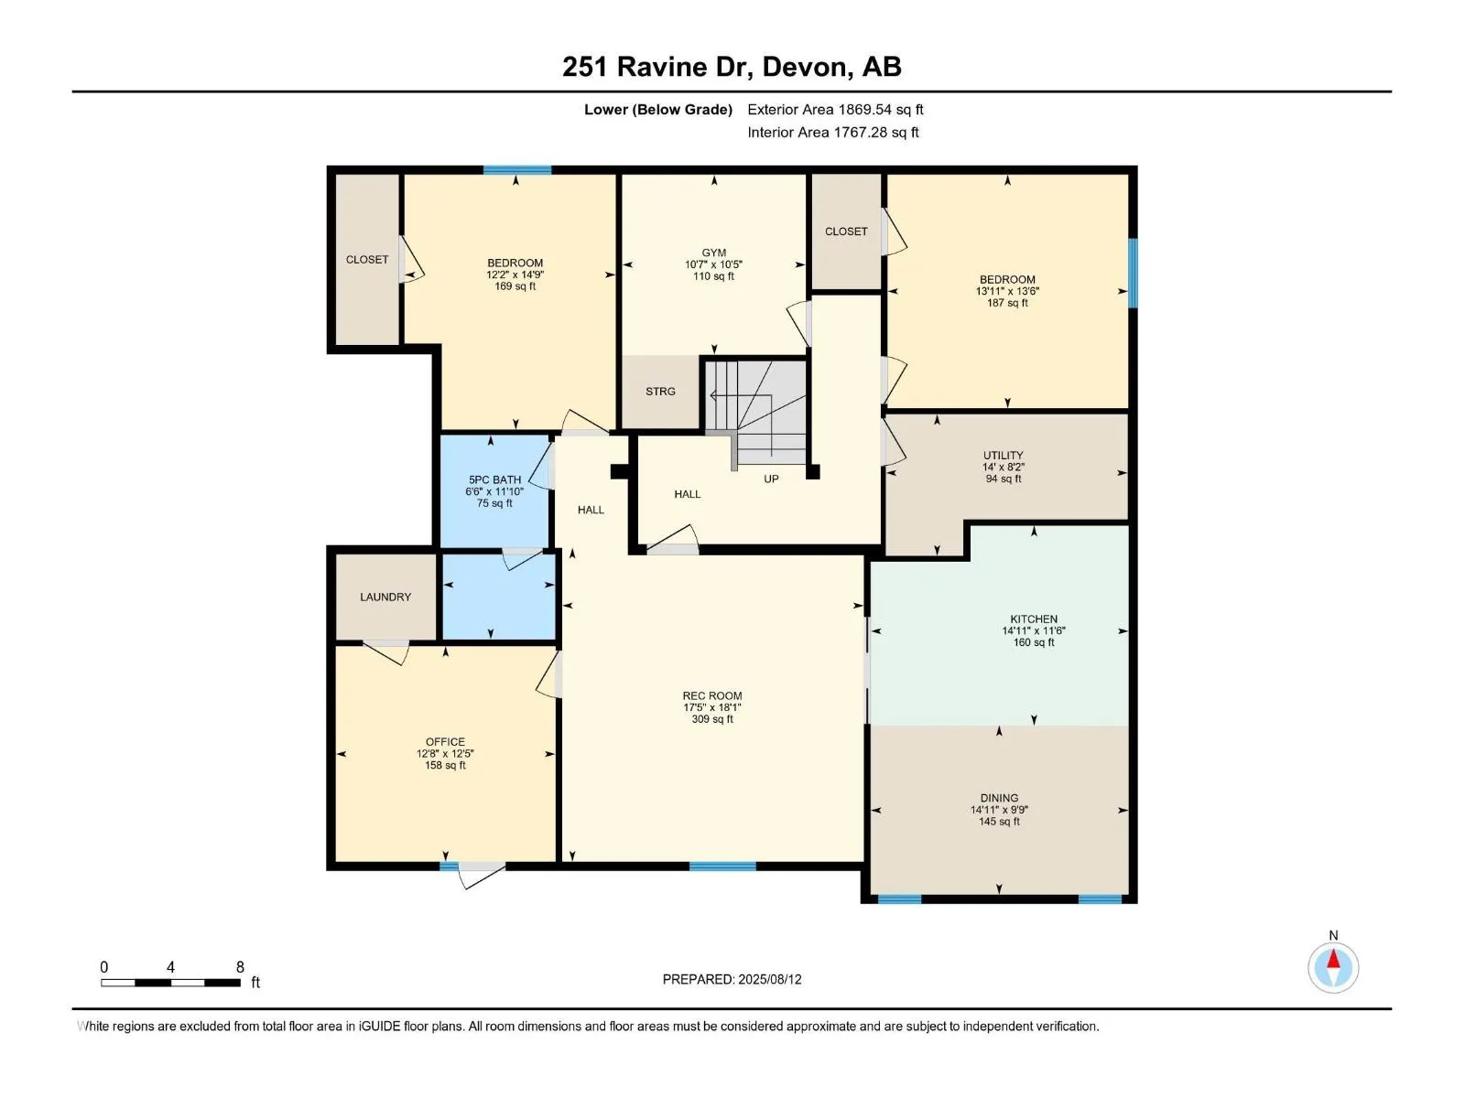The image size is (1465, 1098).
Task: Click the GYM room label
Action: (x=713, y=253)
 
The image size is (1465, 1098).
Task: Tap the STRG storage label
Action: (x=660, y=392)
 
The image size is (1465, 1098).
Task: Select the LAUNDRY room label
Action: (x=385, y=597)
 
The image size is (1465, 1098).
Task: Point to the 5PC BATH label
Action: (x=494, y=479)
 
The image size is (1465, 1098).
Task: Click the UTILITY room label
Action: (x=1003, y=456)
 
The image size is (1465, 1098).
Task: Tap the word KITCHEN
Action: (x=1033, y=619)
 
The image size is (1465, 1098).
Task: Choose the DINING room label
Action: (x=998, y=797)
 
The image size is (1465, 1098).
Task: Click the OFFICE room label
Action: (x=445, y=741)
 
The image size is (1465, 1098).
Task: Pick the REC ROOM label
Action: (x=712, y=695)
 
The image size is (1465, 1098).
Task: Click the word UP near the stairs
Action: (x=771, y=479)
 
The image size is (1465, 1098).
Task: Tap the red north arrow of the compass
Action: (x=1333, y=959)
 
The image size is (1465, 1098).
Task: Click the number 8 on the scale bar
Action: (x=240, y=966)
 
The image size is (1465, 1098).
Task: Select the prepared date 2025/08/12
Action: (x=769, y=979)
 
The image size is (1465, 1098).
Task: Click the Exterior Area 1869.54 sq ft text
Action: (x=835, y=109)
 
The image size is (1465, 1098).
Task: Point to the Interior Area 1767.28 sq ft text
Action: (x=833, y=132)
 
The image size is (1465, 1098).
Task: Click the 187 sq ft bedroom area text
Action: (x=1007, y=303)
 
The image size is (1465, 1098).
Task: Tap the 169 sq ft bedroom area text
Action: (x=515, y=286)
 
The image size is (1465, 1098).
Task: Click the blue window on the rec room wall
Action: (x=722, y=866)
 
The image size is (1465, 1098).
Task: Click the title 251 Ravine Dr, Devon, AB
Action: (x=732, y=67)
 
